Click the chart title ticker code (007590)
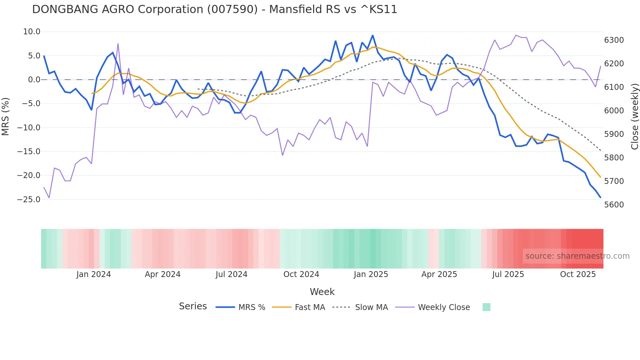[x=232, y=9]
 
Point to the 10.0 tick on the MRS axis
[x=32, y=32]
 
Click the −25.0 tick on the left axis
[x=29, y=199]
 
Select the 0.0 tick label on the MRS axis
[x=34, y=80]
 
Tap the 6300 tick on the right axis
[x=614, y=40]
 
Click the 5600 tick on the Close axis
[x=614, y=205]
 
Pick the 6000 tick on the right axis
[x=614, y=111]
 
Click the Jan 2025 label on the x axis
[x=371, y=274]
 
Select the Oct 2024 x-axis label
[x=301, y=274]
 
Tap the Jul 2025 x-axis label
[x=508, y=274]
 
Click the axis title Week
[x=322, y=292]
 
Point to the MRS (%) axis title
[x=6, y=116]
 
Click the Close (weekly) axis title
[x=634, y=117]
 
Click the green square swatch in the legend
[x=486, y=307]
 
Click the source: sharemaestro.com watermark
[x=577, y=256]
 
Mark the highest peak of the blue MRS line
[x=373, y=35]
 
